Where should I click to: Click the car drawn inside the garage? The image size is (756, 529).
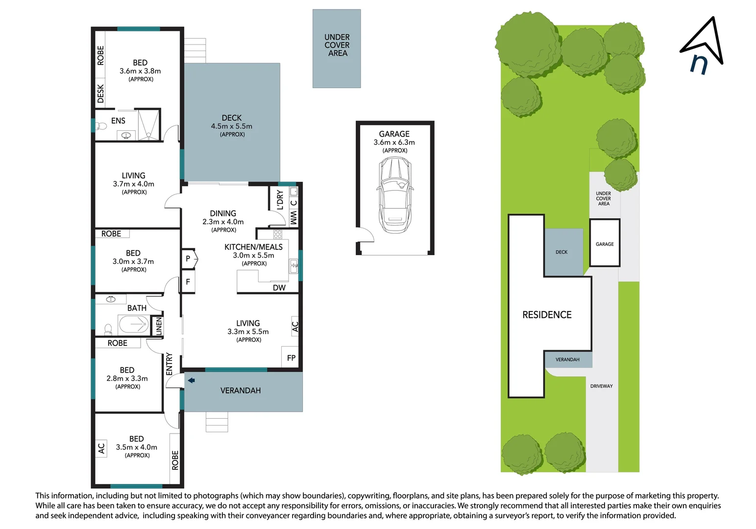point(394,196)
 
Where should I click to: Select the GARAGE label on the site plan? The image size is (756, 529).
point(605,244)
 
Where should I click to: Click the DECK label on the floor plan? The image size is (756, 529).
point(231,118)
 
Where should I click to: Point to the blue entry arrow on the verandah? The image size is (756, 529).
point(191,380)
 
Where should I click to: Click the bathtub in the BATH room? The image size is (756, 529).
point(133,324)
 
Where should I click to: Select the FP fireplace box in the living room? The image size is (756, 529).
point(291,358)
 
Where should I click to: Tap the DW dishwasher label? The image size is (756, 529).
point(279,288)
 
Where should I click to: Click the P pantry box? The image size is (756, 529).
point(188,259)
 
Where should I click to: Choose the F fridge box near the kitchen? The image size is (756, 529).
point(188,282)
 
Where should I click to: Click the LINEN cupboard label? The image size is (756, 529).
point(158,326)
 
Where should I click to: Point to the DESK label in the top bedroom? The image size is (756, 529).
point(100,94)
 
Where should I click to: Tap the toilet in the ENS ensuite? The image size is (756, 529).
point(102,126)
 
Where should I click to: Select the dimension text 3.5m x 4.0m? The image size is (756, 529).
point(136,447)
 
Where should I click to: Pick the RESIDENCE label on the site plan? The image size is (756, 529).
point(547,315)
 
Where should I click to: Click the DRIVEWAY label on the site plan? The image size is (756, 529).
point(601,386)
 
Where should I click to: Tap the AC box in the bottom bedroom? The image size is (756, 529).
point(101,448)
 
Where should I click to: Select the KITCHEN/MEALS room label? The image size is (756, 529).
point(253,247)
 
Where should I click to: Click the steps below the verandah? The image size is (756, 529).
point(217,422)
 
